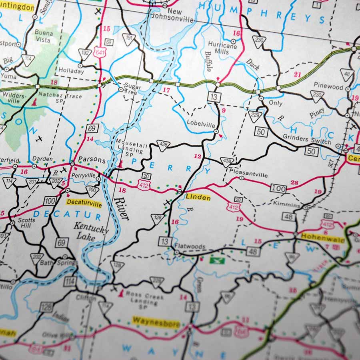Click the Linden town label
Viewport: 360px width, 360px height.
tap(198, 198)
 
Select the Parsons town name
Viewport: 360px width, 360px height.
tap(92, 160)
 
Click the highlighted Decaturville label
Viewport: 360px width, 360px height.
tap(84, 202)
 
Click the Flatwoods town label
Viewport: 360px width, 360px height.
tap(190, 247)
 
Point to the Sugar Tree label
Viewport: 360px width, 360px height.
tap(131, 88)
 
